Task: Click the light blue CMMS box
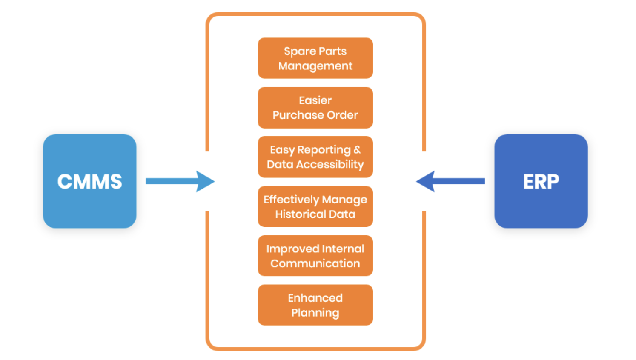click(x=89, y=181)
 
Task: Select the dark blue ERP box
click(x=541, y=181)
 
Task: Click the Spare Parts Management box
click(x=315, y=58)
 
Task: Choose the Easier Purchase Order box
click(x=315, y=107)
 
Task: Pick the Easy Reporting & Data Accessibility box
click(x=315, y=157)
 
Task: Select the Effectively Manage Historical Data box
click(x=315, y=206)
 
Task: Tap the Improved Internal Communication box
click(x=315, y=256)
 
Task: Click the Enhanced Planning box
click(x=315, y=305)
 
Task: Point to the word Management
click(x=315, y=66)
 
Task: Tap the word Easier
click(x=315, y=100)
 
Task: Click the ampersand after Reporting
click(x=357, y=150)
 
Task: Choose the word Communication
click(x=315, y=263)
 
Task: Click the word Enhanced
click(x=315, y=298)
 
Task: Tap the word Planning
click(x=315, y=313)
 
